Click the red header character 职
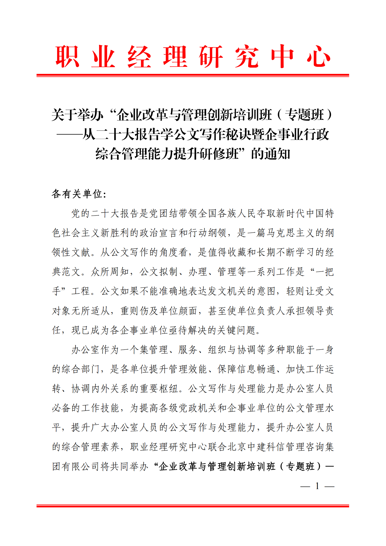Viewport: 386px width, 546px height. (x=67, y=57)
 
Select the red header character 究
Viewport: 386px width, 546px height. (x=246, y=57)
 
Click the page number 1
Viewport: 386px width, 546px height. (x=317, y=486)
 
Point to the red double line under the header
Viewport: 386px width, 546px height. (x=193, y=75)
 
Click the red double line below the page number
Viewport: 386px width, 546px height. (x=193, y=506)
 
